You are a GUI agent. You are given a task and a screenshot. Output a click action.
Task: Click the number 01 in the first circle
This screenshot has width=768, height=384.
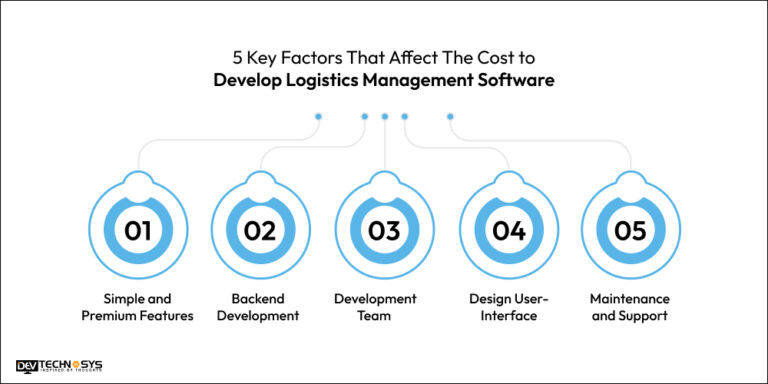point(138,231)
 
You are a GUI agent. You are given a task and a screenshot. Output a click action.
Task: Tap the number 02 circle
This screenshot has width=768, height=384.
point(260,231)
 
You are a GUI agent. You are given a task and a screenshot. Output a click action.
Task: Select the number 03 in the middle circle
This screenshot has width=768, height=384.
point(384,231)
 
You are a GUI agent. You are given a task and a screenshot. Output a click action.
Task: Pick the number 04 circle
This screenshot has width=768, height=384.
point(508,231)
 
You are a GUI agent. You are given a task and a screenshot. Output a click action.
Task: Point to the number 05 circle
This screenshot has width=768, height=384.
point(630,231)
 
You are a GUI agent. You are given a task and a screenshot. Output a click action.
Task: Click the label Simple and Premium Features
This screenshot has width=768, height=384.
point(138,307)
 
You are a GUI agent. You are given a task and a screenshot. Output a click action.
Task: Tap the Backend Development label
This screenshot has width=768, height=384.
point(260,307)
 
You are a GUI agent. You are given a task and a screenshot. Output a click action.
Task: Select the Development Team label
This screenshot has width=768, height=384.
point(384,307)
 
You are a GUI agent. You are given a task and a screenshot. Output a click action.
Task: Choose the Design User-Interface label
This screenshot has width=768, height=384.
point(508,307)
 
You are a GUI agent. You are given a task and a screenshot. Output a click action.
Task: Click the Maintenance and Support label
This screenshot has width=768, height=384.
point(630,307)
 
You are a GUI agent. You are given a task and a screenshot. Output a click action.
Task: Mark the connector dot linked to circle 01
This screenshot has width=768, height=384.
point(318,116)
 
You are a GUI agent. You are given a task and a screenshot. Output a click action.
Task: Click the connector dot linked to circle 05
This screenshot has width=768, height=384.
point(450,116)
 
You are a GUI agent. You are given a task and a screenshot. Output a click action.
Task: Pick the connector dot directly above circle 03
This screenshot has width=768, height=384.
point(384,116)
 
